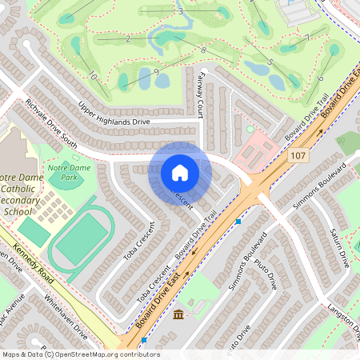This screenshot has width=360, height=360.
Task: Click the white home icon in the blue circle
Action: tap(180, 172)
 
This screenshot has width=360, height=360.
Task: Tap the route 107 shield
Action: tap(298, 154)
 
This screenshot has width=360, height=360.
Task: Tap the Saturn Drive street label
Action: tap(340, 247)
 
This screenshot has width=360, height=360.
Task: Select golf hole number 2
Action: tap(127, 38)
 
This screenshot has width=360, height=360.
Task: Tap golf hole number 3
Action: tap(182, 12)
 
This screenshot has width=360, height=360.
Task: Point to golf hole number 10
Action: tap(94, 77)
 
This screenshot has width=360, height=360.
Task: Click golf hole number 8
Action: tap(204, 50)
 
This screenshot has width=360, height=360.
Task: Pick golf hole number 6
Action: tap(320, 78)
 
